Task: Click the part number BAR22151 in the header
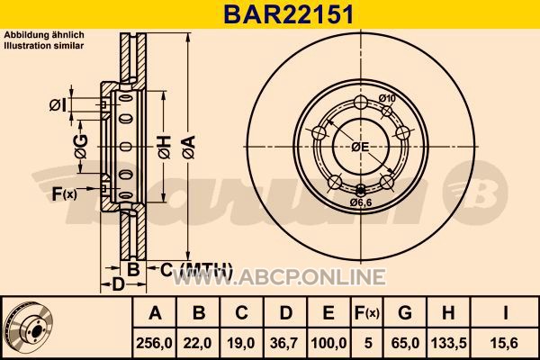pyautogui.click(x=289, y=14)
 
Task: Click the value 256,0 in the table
pyautogui.click(x=154, y=344)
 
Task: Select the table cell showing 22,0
pyautogui.click(x=198, y=344)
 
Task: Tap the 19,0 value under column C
pyautogui.click(x=241, y=344)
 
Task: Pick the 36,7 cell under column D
pyautogui.click(x=284, y=344)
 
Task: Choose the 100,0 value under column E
pyautogui.click(x=328, y=344)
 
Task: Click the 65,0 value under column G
pyautogui.click(x=405, y=344)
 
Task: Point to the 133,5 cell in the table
pyautogui.click(x=449, y=344)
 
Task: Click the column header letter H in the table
pyautogui.click(x=447, y=313)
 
